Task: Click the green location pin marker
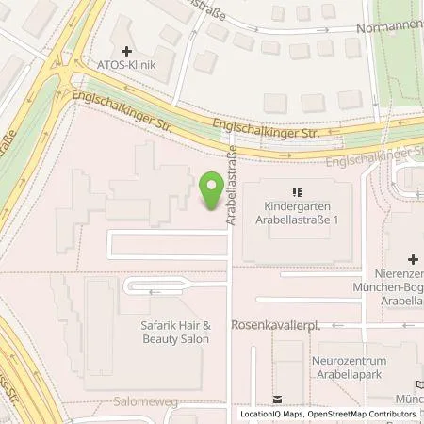click(212, 188)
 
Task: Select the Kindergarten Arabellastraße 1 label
click(295, 212)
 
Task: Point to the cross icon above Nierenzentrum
click(413, 258)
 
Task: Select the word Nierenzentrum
click(403, 274)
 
